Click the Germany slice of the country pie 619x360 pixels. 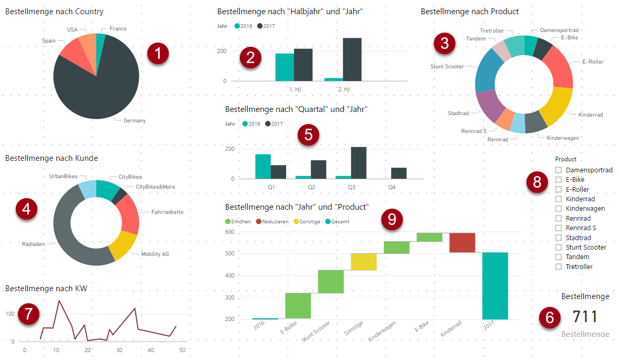pyautogui.click(x=100, y=89)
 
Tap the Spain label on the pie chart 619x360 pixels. pyautogui.click(x=49, y=40)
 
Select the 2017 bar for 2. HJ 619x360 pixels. pyautogui.click(x=352, y=59)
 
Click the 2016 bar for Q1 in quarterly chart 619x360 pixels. pyautogui.click(x=262, y=166)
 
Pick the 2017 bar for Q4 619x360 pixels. pyautogui.click(x=399, y=173)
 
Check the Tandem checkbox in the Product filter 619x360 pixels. pyautogui.click(x=559, y=257)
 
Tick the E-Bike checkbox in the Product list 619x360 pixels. pyautogui.click(x=559, y=180)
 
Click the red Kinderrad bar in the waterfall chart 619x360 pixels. pyautogui.click(x=462, y=243)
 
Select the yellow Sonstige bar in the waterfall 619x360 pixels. pyautogui.click(x=363, y=262)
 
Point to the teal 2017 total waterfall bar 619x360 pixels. pyautogui.click(x=495, y=286)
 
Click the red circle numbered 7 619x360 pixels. pyautogui.click(x=28, y=314)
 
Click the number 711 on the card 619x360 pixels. pyautogui.click(x=585, y=317)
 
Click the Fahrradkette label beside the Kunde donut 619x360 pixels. pyautogui.click(x=167, y=212)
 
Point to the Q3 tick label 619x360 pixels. pyautogui.click(x=352, y=187)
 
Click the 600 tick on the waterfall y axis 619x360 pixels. pyautogui.click(x=230, y=232)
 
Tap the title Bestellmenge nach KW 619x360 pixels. pyautogui.click(x=46, y=288)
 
